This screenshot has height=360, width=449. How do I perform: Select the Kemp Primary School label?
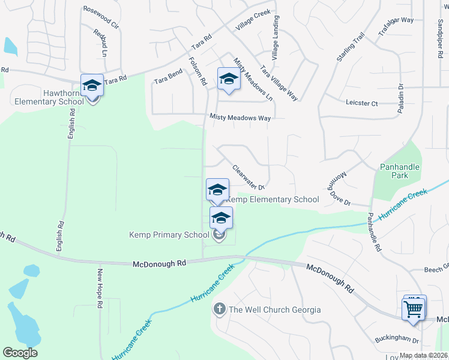pyautogui.click(x=169, y=235)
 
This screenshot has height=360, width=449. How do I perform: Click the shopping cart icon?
pyautogui.click(x=413, y=310)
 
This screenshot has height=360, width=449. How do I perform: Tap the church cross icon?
pyautogui.click(x=220, y=309)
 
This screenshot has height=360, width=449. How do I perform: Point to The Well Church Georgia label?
pyautogui.click(x=275, y=310)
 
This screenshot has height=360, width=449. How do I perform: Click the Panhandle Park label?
pyautogui.click(x=399, y=171)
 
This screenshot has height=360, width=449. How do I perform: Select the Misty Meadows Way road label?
pyautogui.click(x=240, y=118)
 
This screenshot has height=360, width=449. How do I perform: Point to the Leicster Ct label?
pyautogui.click(x=362, y=103)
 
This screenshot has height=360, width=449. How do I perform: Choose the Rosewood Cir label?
pyautogui.click(x=101, y=10)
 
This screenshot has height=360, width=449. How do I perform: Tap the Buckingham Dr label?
pyautogui.click(x=397, y=340)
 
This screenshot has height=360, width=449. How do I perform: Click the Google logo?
pyautogui.click(x=20, y=353)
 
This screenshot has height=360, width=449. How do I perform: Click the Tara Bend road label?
pyautogui.click(x=168, y=76)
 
